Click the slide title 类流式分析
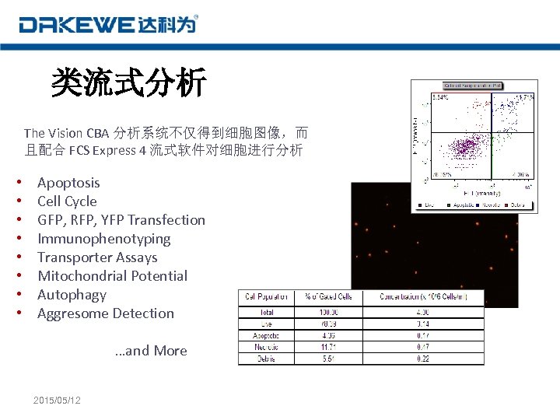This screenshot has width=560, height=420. click(x=128, y=82)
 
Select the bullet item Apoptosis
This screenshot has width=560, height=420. click(x=68, y=183)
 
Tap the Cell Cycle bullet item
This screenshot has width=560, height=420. click(x=67, y=201)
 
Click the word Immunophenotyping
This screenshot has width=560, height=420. click(x=103, y=239)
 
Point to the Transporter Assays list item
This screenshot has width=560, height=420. click(x=97, y=257)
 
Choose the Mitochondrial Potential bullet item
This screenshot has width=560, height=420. click(x=112, y=276)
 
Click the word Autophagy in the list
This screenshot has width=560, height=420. click(x=72, y=295)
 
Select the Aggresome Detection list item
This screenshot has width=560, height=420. click(x=106, y=313)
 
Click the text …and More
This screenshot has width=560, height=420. click(x=151, y=351)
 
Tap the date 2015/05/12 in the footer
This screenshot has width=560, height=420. click(x=58, y=400)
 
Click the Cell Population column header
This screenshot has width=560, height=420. click(x=266, y=297)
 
